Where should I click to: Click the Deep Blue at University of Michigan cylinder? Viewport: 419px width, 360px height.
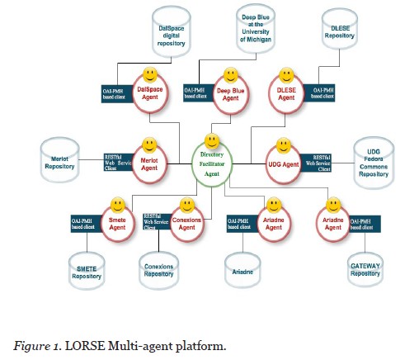240,30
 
